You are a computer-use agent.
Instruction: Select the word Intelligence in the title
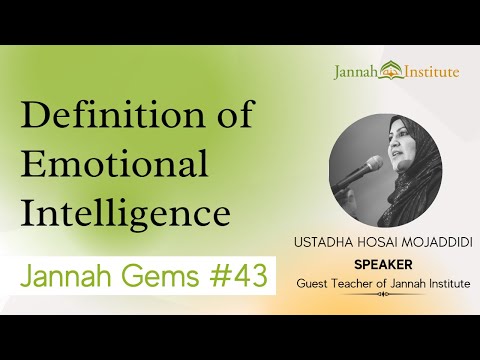pos(125,212)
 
